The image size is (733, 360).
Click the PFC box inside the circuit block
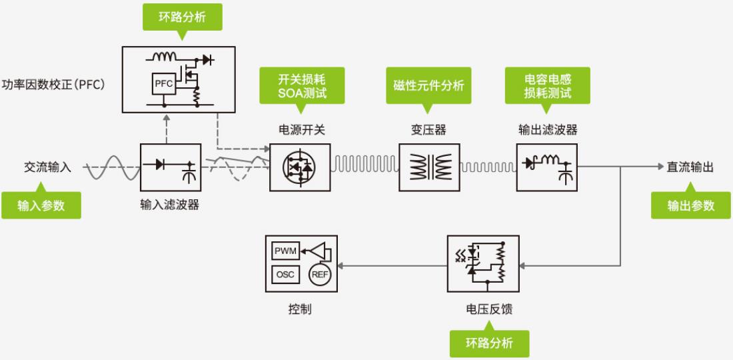pyautogui.click(x=163, y=83)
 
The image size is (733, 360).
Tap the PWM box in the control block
pyautogui.click(x=286, y=251)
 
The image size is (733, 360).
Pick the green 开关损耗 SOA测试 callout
pyautogui.click(x=302, y=85)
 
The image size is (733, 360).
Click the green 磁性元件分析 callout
pyautogui.click(x=428, y=85)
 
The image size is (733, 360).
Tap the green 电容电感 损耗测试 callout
pyautogui.click(x=547, y=85)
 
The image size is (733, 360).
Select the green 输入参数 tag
pyautogui.click(x=41, y=205)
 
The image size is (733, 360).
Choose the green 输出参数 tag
pyautogui.click(x=691, y=205)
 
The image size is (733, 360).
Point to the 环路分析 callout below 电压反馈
pyautogui.click(x=489, y=343)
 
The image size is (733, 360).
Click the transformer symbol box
pyautogui.click(x=428, y=167)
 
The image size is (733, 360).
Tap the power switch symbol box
pyautogui.click(x=300, y=167)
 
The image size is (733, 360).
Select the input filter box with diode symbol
pyautogui.click(x=171, y=167)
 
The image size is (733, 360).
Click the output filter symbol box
pyautogui.click(x=547, y=167)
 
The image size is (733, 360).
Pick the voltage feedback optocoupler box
pyautogui.click(x=483, y=263)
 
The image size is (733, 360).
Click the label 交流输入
pyautogui.click(x=47, y=167)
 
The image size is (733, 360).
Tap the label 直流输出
pyautogui.click(x=690, y=167)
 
